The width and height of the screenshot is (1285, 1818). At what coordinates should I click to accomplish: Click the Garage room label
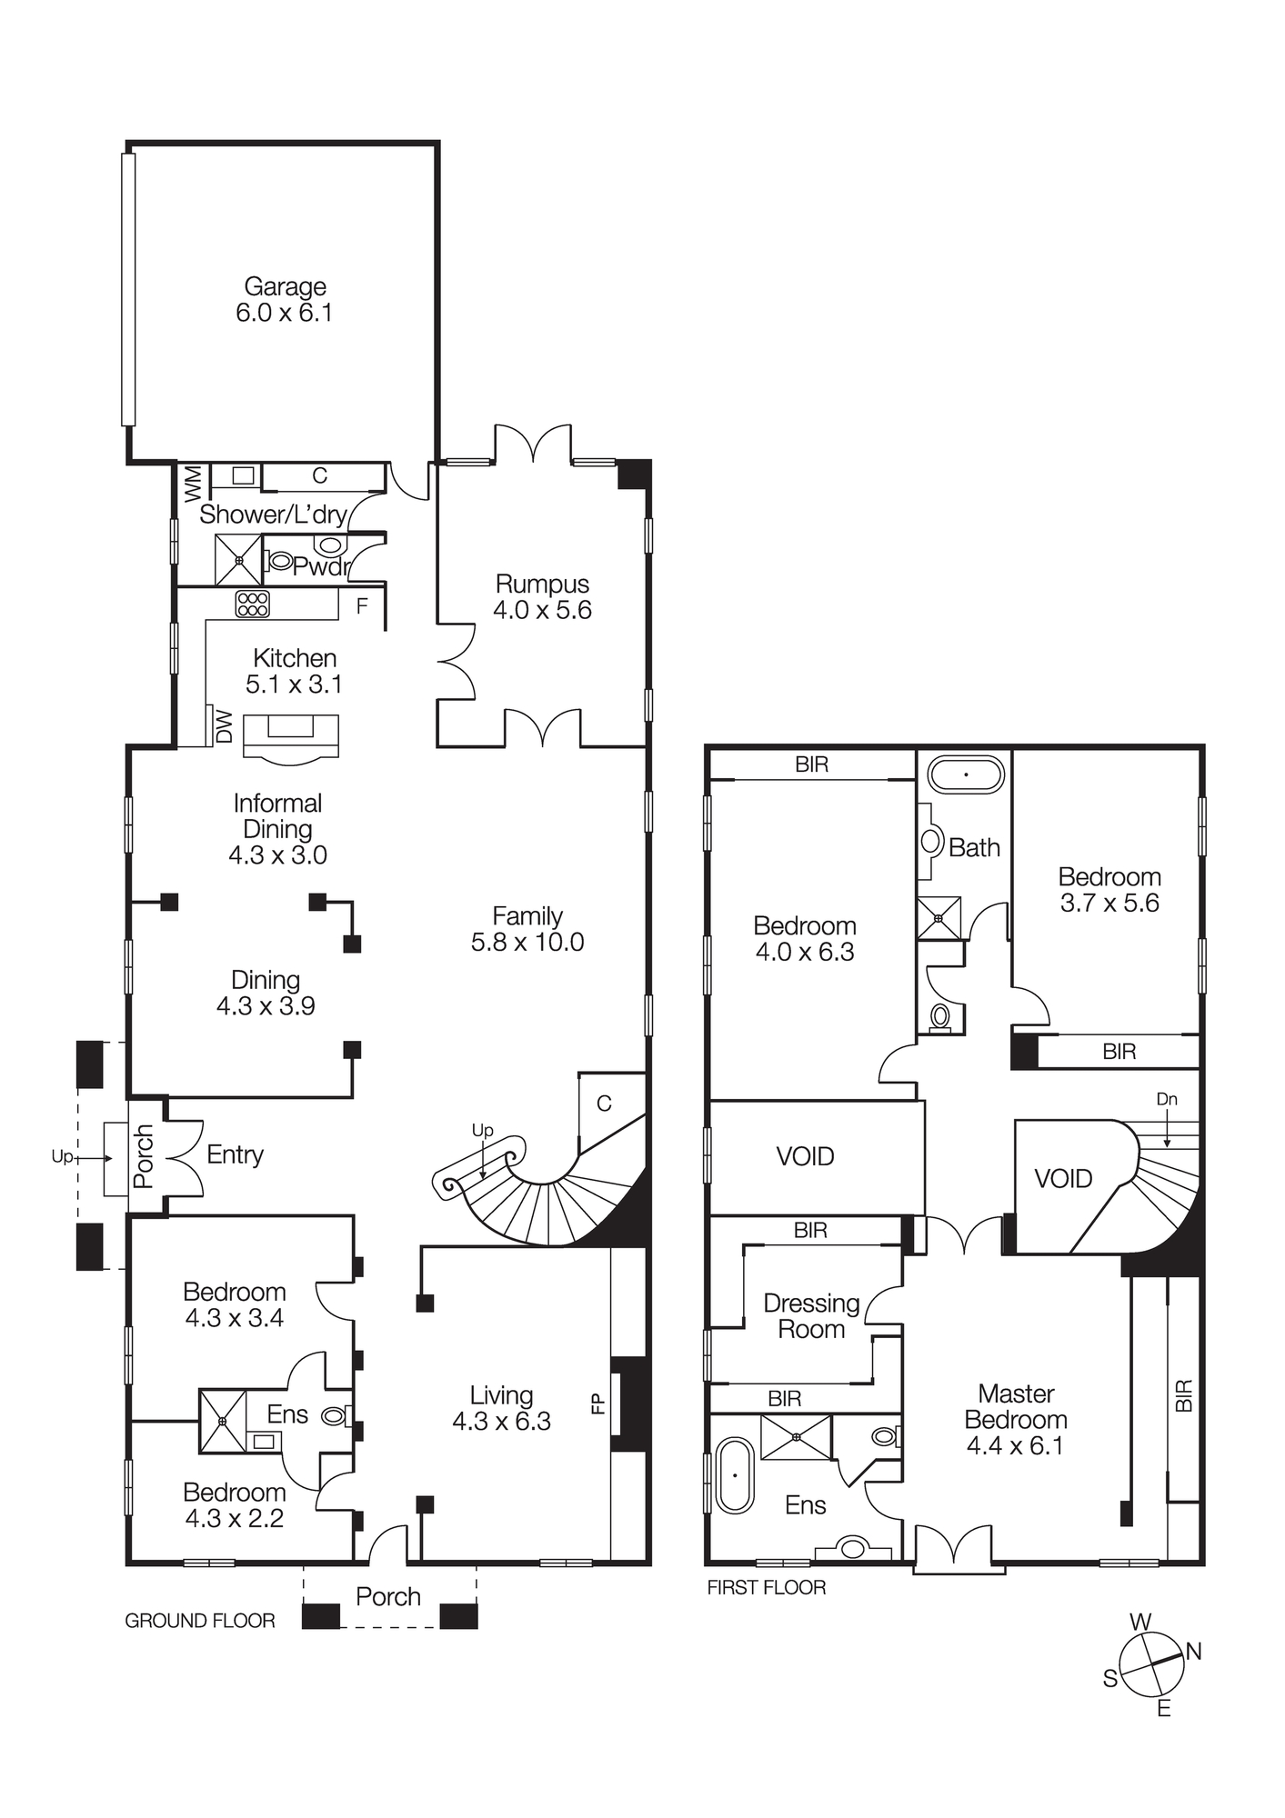click(x=285, y=287)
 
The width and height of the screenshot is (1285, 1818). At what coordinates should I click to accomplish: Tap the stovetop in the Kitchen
click(x=252, y=604)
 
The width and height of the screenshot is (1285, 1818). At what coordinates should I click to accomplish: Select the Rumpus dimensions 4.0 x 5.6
click(x=542, y=610)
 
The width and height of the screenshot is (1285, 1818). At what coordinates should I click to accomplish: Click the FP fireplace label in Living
click(x=598, y=1404)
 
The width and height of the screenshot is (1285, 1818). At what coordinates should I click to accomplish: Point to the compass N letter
click(x=1194, y=1652)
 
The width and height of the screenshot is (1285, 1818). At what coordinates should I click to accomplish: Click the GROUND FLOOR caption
click(x=199, y=1621)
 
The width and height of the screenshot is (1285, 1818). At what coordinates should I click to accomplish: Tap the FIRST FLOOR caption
click(x=766, y=1588)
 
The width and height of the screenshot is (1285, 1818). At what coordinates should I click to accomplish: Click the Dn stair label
click(x=1167, y=1099)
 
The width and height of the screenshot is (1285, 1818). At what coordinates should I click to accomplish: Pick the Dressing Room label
click(x=811, y=1316)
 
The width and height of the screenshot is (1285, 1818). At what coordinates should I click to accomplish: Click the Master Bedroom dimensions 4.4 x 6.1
click(x=1015, y=1446)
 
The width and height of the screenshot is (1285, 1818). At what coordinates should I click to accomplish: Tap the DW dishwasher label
click(x=225, y=726)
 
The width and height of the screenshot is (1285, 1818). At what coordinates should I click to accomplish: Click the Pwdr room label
click(x=321, y=567)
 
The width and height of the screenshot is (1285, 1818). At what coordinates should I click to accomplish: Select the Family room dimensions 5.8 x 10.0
click(x=527, y=943)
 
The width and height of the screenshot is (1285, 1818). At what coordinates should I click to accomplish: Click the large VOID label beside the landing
click(x=805, y=1156)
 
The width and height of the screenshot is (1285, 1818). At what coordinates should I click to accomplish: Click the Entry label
click(x=235, y=1154)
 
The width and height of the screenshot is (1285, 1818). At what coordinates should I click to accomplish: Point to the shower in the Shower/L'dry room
click(x=238, y=560)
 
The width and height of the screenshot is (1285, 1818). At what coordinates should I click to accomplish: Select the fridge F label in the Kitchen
click(x=362, y=606)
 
